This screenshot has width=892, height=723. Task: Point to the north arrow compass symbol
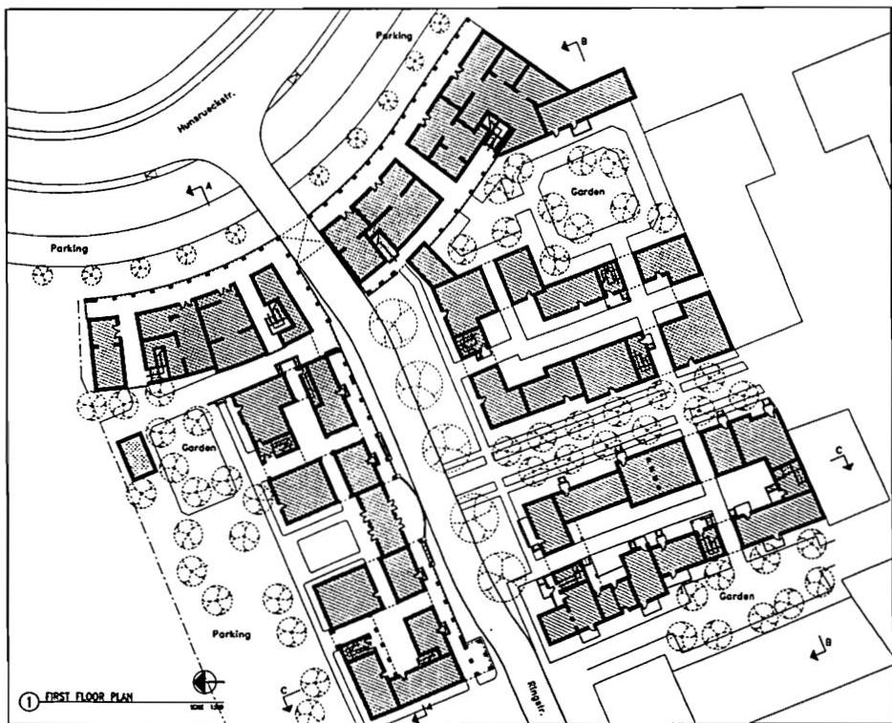(x=204, y=682)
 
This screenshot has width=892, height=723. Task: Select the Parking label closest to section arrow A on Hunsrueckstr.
(x=69, y=248)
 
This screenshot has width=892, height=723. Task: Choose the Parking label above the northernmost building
(x=392, y=35)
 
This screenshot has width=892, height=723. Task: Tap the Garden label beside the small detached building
(x=196, y=447)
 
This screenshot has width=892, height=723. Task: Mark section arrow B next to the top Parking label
(x=571, y=45)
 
